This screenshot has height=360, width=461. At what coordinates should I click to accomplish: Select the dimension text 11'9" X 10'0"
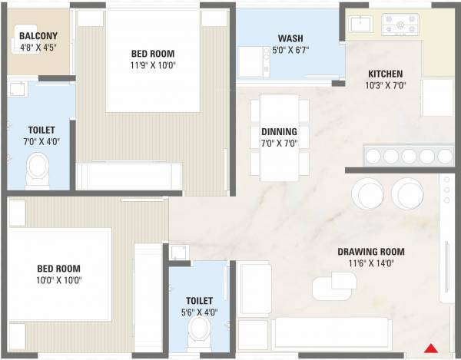[x=153, y=65]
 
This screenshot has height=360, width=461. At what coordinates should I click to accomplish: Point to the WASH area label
[x=290, y=39]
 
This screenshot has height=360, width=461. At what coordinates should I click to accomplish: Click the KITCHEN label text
[x=385, y=74]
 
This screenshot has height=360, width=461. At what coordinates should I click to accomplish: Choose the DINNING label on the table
[x=279, y=131]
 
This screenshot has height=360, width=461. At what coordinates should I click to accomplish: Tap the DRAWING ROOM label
[x=372, y=252]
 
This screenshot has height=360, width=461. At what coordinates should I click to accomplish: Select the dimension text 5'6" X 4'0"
[x=198, y=312]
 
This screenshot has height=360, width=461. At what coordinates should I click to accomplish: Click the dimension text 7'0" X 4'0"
[x=40, y=141]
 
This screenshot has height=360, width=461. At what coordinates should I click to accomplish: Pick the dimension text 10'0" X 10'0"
[x=58, y=280]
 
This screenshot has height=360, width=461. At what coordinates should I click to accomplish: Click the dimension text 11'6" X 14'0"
[x=372, y=263]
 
